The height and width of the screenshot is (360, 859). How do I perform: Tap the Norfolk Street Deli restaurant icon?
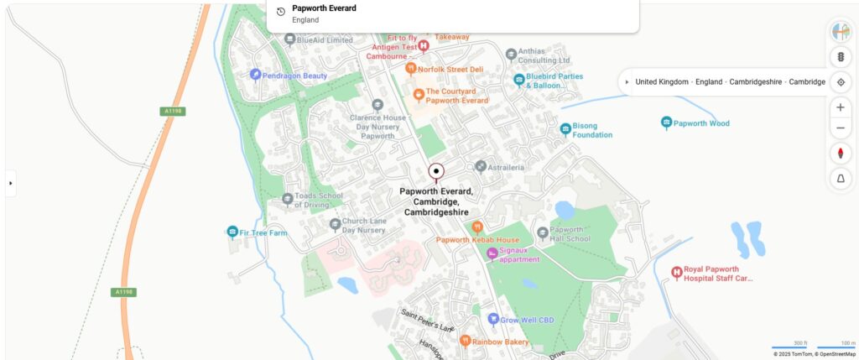[x=411, y=69]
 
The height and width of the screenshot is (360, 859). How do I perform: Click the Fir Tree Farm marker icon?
[x=232, y=232]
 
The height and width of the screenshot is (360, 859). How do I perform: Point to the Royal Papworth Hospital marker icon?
[x=677, y=273]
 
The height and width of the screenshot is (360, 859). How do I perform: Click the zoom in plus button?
[x=841, y=107]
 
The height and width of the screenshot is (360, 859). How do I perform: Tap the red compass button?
[x=841, y=154]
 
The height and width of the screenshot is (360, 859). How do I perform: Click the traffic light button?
[x=841, y=57]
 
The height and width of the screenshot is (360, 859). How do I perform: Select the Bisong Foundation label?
[x=592, y=130]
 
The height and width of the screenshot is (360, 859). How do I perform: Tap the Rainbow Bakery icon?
[x=465, y=341]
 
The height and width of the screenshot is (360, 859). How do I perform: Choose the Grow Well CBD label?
[x=521, y=320]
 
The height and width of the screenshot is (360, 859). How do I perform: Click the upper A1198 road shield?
[x=173, y=111]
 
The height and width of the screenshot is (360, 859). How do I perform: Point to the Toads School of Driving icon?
[x=288, y=199]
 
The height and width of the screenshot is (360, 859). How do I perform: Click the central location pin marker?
[x=436, y=172]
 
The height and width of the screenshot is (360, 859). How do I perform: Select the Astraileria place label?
[x=506, y=167]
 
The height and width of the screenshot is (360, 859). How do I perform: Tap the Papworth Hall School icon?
[x=543, y=232]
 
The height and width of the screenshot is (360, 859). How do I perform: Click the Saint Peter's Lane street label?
[x=427, y=320]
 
